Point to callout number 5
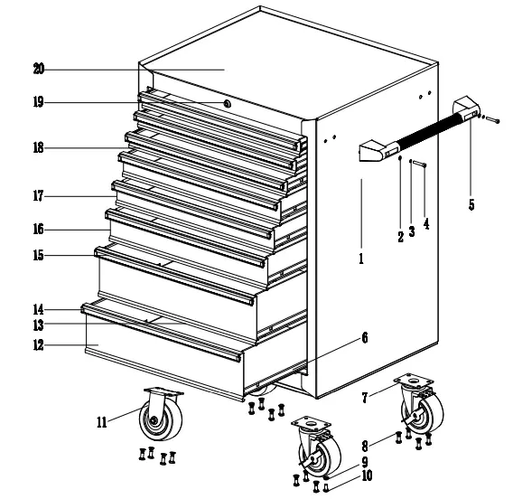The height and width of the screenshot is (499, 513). pos(471,204)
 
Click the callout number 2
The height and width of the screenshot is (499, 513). pos(400,237)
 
